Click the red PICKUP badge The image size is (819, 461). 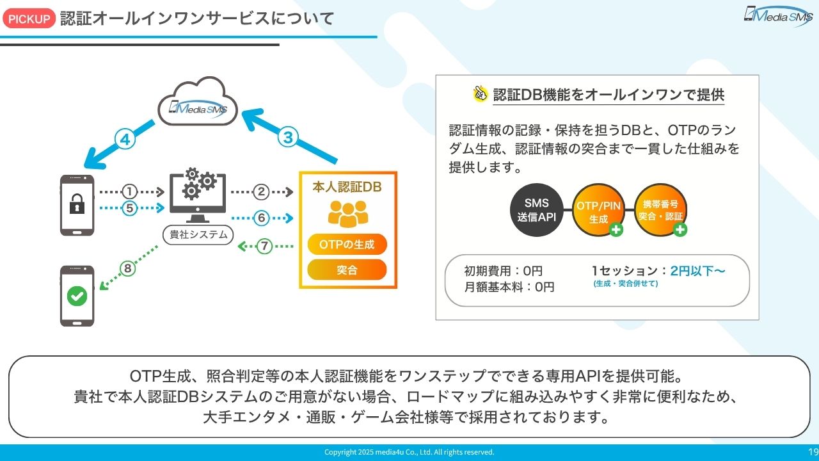click(29, 19)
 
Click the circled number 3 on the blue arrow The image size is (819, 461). click(288, 136)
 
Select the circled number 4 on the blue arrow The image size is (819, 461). click(126, 140)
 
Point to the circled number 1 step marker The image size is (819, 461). click(130, 191)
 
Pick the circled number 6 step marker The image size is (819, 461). click(261, 218)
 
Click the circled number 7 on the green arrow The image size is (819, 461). click(264, 245)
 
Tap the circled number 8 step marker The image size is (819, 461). click(127, 269)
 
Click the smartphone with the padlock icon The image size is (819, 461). click(77, 205)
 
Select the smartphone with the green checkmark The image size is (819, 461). click(77, 296)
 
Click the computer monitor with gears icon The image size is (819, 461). click(198, 192)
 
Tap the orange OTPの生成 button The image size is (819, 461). click(347, 244)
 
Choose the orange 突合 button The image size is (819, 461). click(347, 270)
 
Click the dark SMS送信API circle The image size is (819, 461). click(537, 211)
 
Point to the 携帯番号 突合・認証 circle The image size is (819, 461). click(660, 211)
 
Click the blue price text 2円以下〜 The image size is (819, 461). click(697, 271)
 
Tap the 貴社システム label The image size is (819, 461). click(198, 234)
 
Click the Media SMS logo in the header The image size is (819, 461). click(777, 15)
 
